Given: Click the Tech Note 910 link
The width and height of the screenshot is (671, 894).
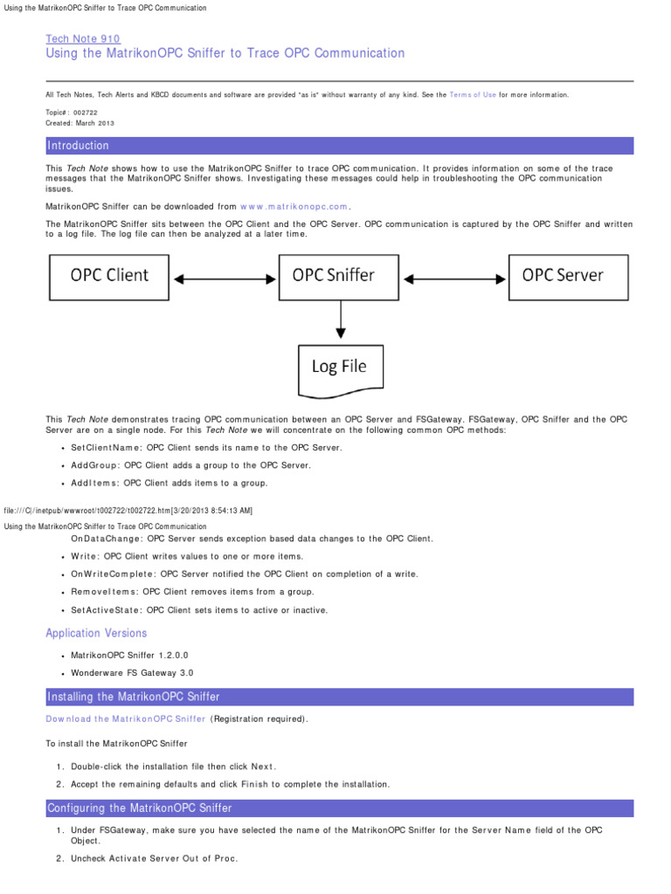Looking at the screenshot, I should pyautogui.click(x=82, y=38).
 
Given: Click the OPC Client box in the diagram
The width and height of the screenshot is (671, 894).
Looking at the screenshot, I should pyautogui.click(x=109, y=275).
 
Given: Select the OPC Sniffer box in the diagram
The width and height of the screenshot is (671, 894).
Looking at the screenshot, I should pyautogui.click(x=333, y=275).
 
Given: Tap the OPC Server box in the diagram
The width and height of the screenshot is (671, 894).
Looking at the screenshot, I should pyautogui.click(x=563, y=275).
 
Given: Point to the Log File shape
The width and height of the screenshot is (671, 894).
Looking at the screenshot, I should pyautogui.click(x=340, y=368).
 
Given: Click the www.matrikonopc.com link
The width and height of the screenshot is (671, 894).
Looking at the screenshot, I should pyautogui.click(x=294, y=207).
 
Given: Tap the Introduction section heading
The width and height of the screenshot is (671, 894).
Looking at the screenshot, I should pyautogui.click(x=79, y=146).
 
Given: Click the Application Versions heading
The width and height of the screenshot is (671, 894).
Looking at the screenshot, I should pyautogui.click(x=96, y=633).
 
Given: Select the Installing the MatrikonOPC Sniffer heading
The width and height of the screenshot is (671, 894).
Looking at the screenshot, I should pyautogui.click(x=134, y=697).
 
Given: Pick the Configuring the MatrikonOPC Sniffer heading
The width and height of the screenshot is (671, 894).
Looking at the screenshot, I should pyautogui.click(x=139, y=808).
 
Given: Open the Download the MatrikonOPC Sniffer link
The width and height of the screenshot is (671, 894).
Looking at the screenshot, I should pyautogui.click(x=126, y=719).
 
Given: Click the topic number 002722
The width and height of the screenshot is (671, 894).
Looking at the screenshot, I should pyautogui.click(x=86, y=113).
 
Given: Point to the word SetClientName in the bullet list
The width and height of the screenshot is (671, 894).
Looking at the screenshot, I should pyautogui.click(x=105, y=448).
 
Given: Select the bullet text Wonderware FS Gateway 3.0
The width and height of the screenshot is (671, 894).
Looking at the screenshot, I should pyautogui.click(x=132, y=672).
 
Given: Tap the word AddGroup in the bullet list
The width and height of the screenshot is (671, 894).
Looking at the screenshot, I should pyautogui.click(x=93, y=465).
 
